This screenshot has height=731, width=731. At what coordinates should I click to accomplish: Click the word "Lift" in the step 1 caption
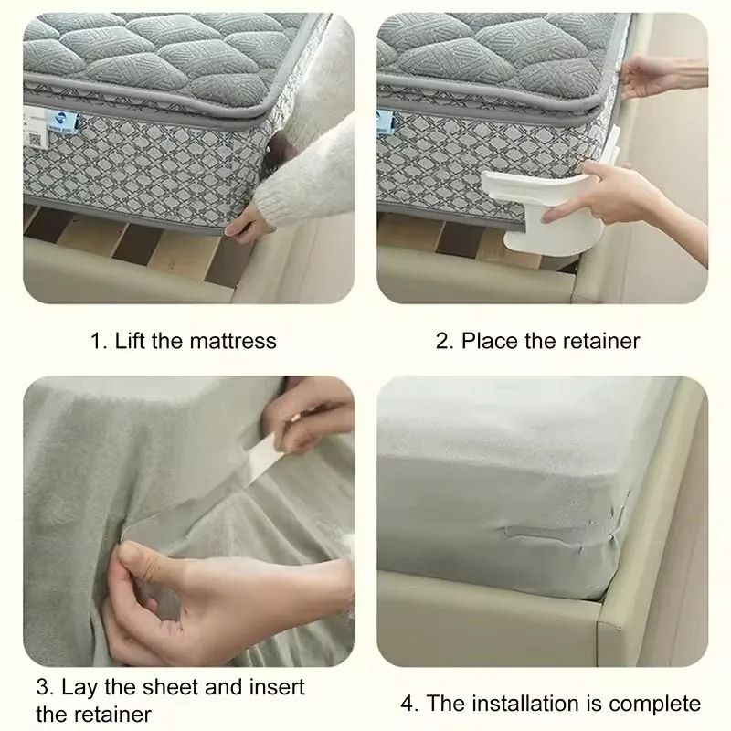tap(131, 341)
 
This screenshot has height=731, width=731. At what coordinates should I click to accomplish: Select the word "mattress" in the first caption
tap(233, 341)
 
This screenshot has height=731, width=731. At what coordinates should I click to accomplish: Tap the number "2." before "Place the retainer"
tap(445, 341)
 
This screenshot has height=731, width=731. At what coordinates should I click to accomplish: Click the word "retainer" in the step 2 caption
tap(599, 341)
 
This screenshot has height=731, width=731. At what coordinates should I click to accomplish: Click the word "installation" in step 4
tap(520, 704)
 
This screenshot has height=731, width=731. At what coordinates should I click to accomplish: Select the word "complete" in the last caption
tap(658, 704)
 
